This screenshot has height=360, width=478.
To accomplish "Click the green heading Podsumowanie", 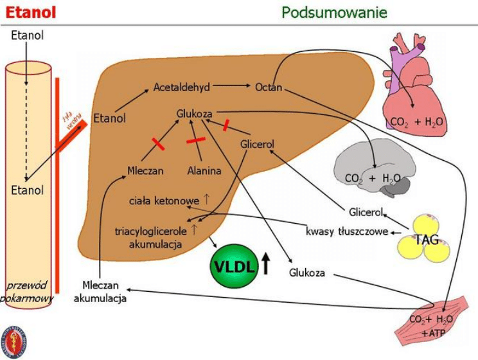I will pyautogui.click(x=334, y=12).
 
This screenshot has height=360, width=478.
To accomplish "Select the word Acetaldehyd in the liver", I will pyautogui.click(x=182, y=87).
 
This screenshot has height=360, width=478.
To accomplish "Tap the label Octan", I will pyautogui.click(x=269, y=87).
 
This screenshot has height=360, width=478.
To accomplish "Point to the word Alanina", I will pyautogui.click(x=204, y=171).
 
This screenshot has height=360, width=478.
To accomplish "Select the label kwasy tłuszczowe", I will pyautogui.click(x=347, y=231).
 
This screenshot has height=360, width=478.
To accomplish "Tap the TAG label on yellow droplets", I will pyautogui.click(x=426, y=240).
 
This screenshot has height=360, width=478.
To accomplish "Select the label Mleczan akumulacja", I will pyautogui.click(x=100, y=292).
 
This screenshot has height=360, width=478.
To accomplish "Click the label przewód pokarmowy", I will pyautogui.click(x=28, y=291).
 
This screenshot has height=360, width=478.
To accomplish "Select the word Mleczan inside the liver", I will pyautogui.click(x=145, y=171).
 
